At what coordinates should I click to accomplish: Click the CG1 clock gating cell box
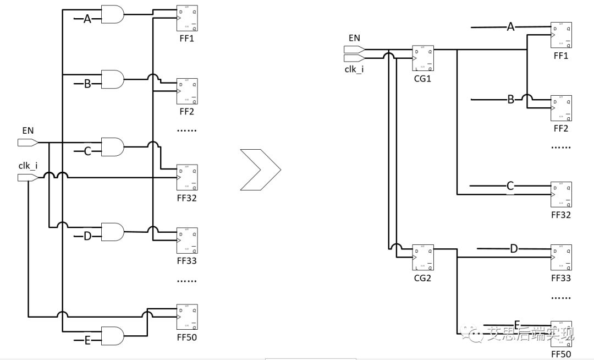(x=423, y=58)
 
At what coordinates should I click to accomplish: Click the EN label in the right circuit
(x=354, y=38)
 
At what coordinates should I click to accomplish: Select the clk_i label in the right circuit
(x=354, y=69)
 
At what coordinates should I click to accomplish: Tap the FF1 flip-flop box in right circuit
(x=561, y=35)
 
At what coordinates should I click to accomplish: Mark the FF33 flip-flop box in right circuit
(x=561, y=257)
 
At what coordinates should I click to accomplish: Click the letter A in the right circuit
(x=510, y=26)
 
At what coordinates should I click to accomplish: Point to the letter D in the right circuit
(x=514, y=249)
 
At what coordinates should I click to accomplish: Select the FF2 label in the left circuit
(x=186, y=111)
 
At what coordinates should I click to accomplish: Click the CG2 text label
(x=422, y=278)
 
